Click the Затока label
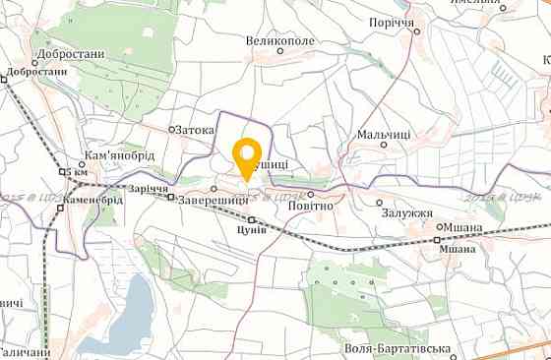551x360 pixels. point(196,128)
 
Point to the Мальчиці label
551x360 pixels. point(384,133)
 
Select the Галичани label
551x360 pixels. point(24,352)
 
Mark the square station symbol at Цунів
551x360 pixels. point(252,218)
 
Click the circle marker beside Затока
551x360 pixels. point(171,129)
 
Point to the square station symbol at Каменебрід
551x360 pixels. point(59,209)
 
